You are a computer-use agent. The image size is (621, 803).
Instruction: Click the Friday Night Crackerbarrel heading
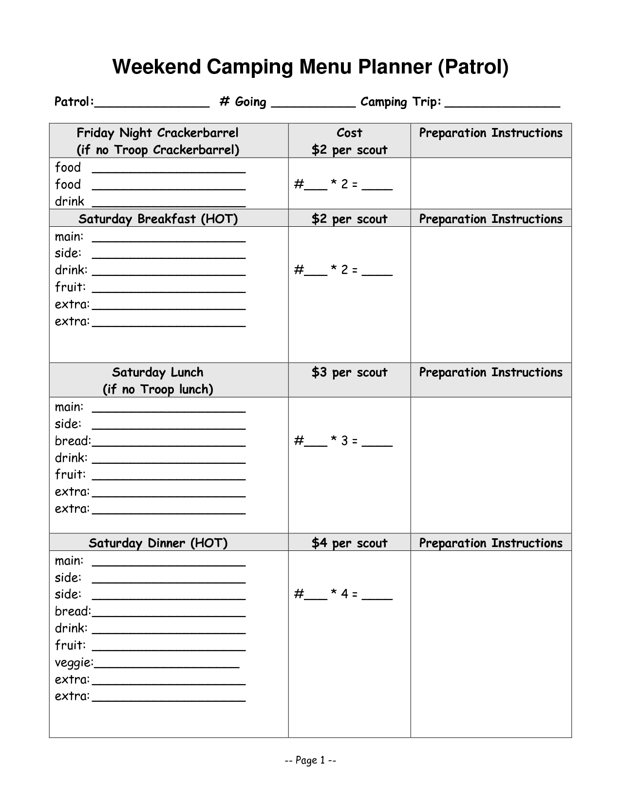click(x=157, y=133)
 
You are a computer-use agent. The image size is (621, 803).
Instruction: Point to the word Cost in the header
click(x=349, y=133)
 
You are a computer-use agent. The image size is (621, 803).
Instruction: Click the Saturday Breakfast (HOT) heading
click(x=158, y=219)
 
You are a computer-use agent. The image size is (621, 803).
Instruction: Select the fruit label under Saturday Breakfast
click(x=70, y=287)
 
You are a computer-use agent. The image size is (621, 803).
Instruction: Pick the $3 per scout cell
click(x=349, y=372)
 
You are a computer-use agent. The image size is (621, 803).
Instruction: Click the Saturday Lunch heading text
click(x=157, y=372)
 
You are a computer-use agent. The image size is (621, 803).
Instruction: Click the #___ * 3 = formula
click(x=343, y=441)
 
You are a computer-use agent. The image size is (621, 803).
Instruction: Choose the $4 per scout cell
click(x=349, y=543)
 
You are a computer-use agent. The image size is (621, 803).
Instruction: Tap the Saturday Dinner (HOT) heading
click(x=158, y=543)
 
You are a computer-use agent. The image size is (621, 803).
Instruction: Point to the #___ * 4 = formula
click(x=343, y=594)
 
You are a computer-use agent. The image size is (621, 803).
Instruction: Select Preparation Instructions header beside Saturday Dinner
click(x=490, y=543)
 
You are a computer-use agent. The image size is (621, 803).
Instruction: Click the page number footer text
click(x=310, y=760)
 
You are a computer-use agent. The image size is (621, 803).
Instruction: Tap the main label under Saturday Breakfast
click(x=69, y=237)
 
